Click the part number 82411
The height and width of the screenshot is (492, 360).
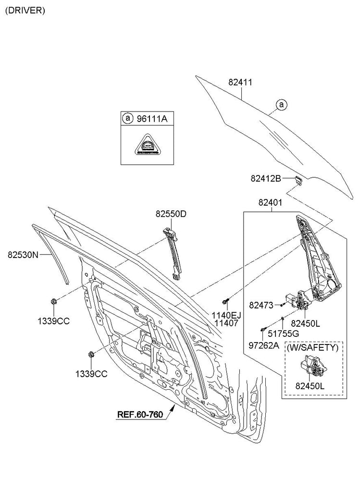coord(240,83)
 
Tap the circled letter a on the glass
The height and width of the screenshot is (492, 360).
coord(282,104)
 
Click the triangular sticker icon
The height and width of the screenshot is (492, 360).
coord(147,145)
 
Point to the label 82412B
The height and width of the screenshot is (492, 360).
coord(265,179)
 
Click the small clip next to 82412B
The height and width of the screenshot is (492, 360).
coord(298,180)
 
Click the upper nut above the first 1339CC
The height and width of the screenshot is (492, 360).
coord(53,302)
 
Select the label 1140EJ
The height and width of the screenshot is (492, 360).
coord(226,315)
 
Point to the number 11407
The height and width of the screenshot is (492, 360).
coord(226,324)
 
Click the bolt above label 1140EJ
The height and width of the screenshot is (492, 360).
coord(225,301)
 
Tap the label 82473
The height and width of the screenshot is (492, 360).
coord(261,305)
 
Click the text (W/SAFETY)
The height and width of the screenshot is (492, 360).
coord(315,346)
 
